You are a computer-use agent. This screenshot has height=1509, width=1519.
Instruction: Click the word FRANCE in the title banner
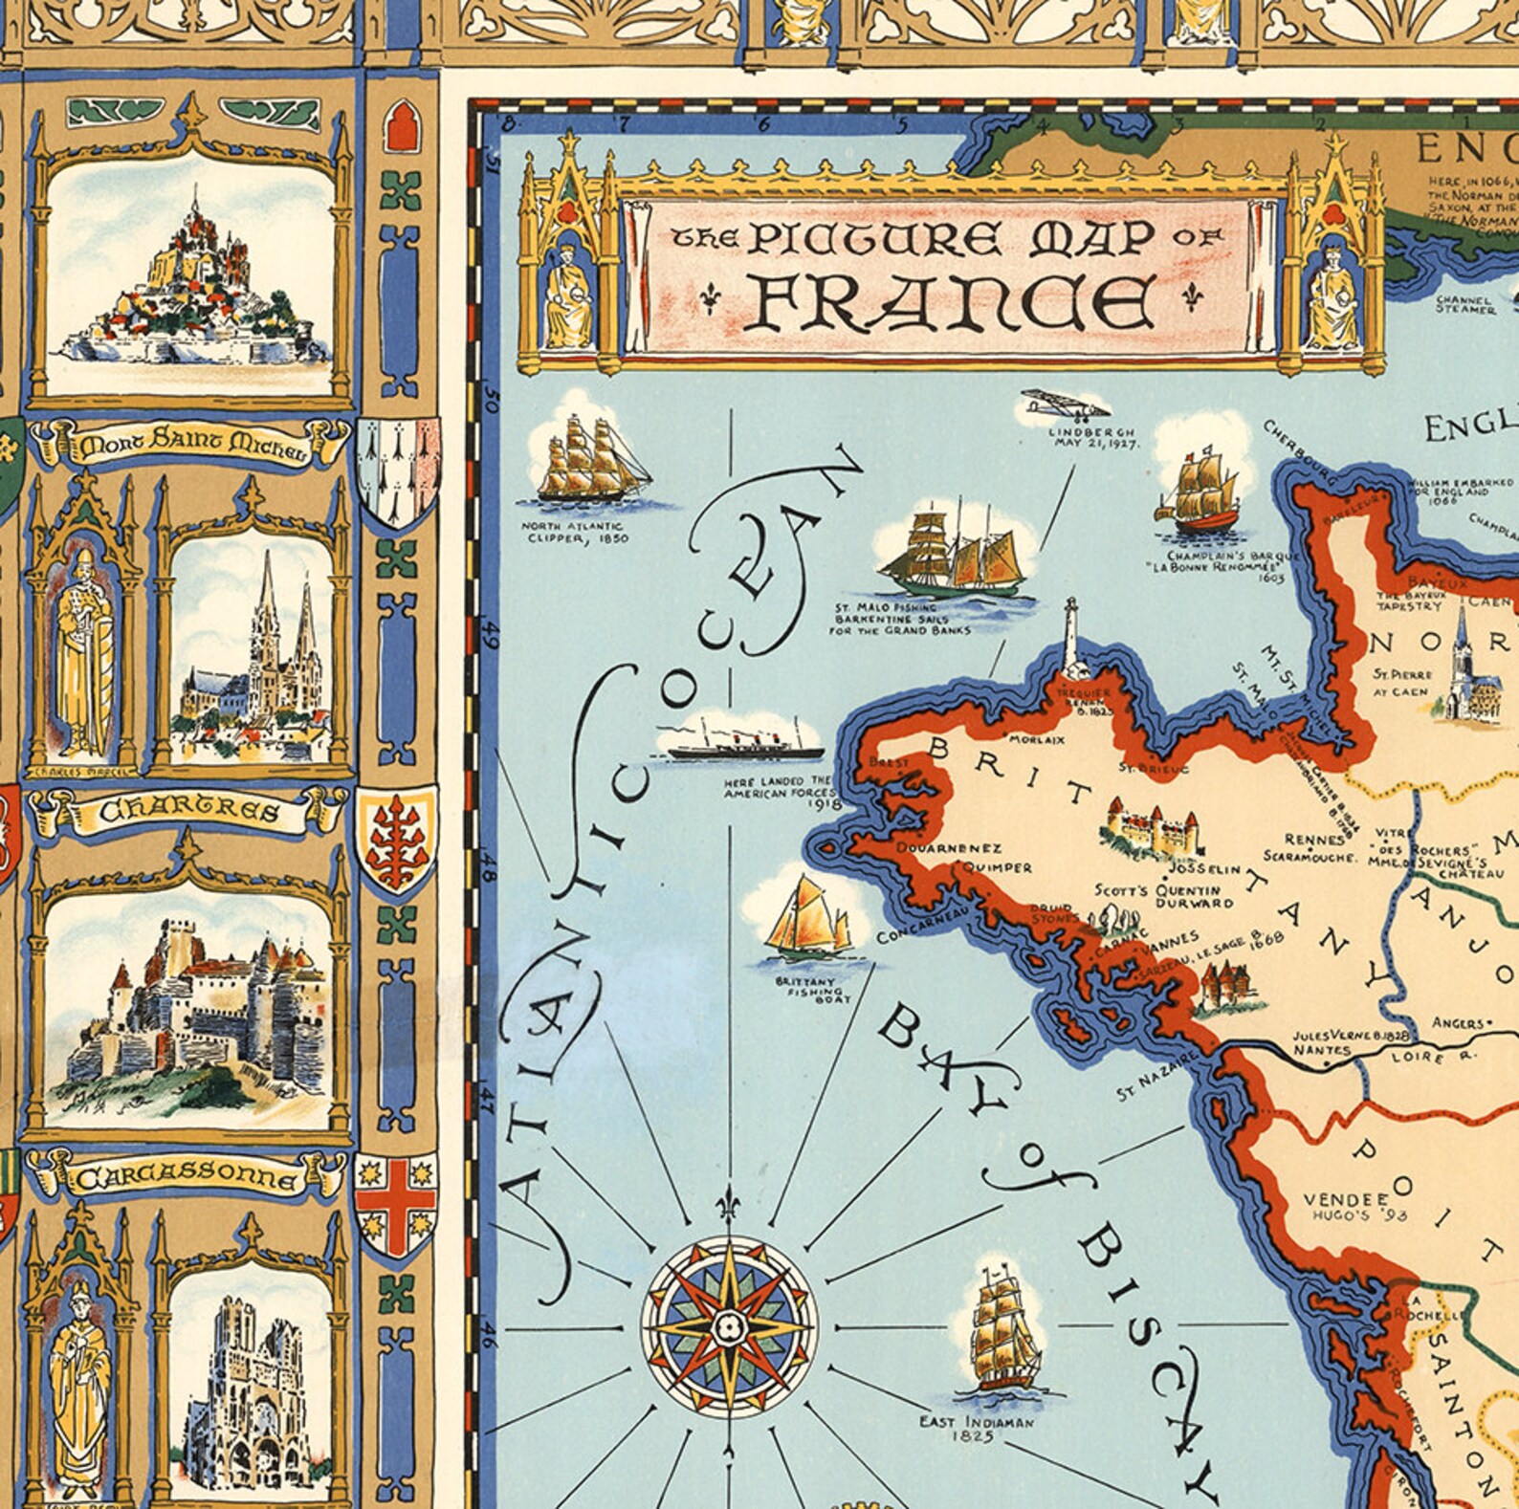949,302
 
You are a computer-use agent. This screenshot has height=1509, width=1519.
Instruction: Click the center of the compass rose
729,1325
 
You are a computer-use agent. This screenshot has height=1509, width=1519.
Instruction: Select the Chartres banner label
189,812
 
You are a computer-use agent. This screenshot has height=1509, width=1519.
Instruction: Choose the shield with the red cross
395,1207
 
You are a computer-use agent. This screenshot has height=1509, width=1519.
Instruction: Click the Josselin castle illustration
1151,828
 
